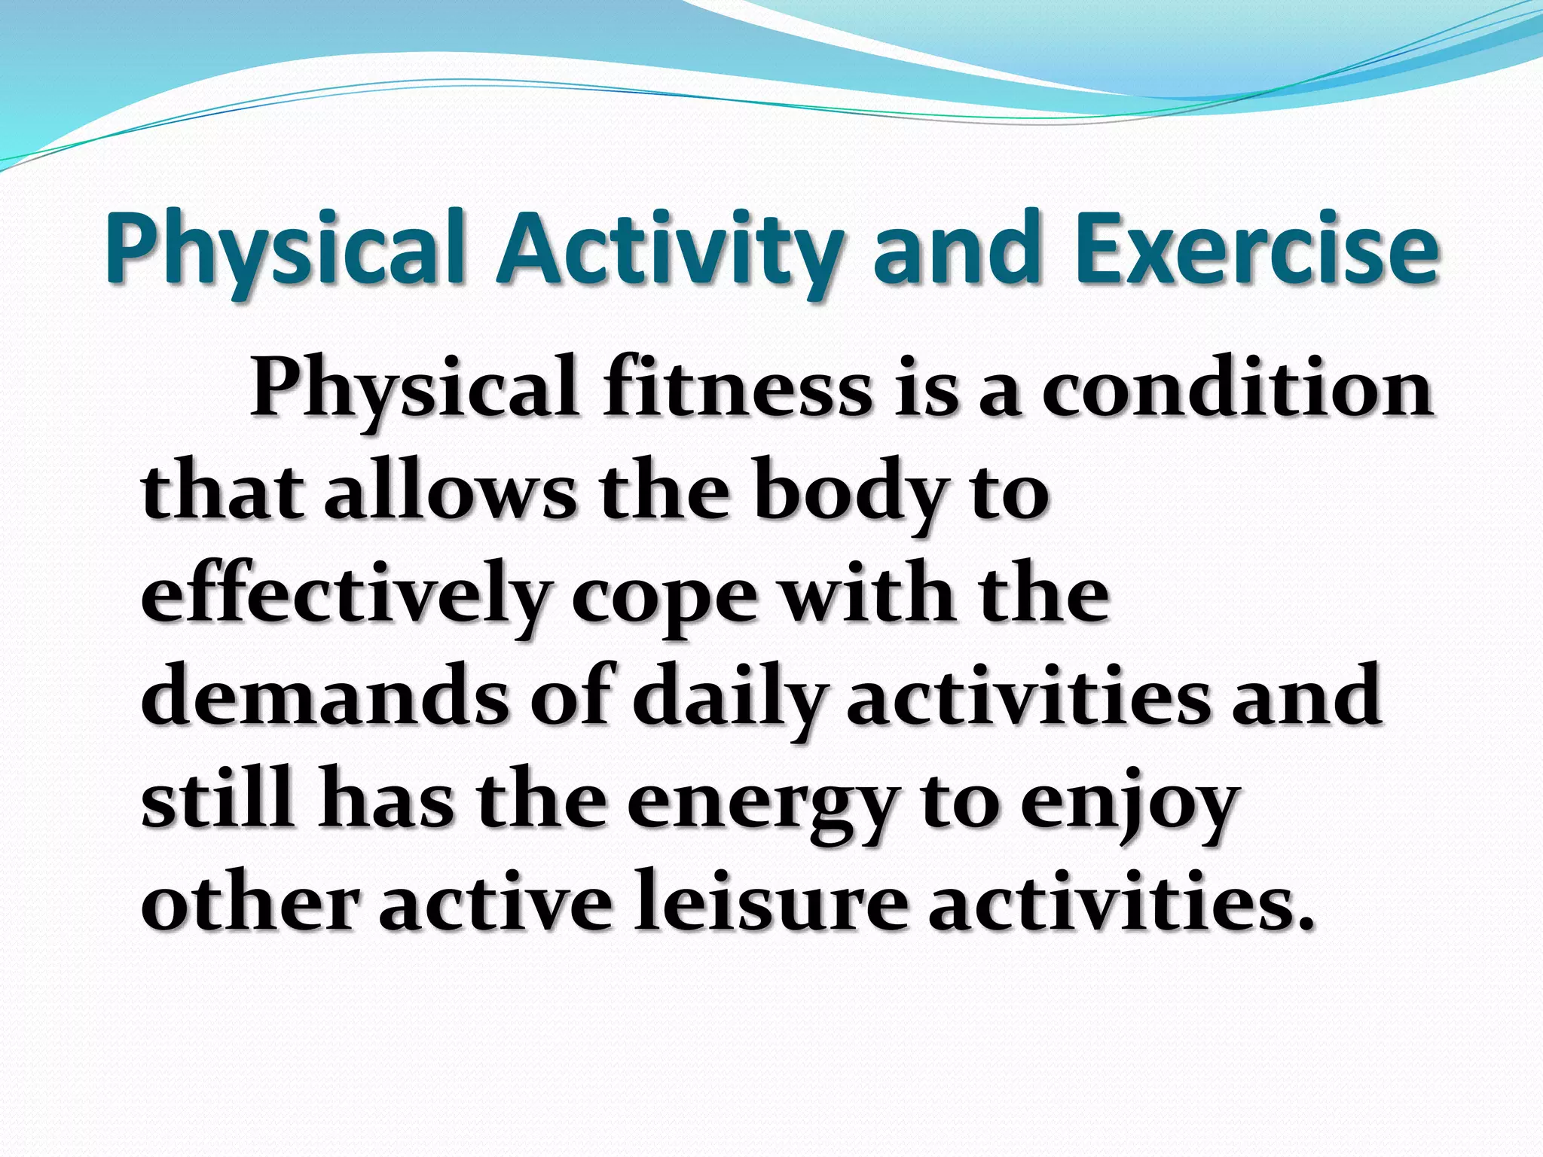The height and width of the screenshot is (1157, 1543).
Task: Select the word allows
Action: coord(450,493)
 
